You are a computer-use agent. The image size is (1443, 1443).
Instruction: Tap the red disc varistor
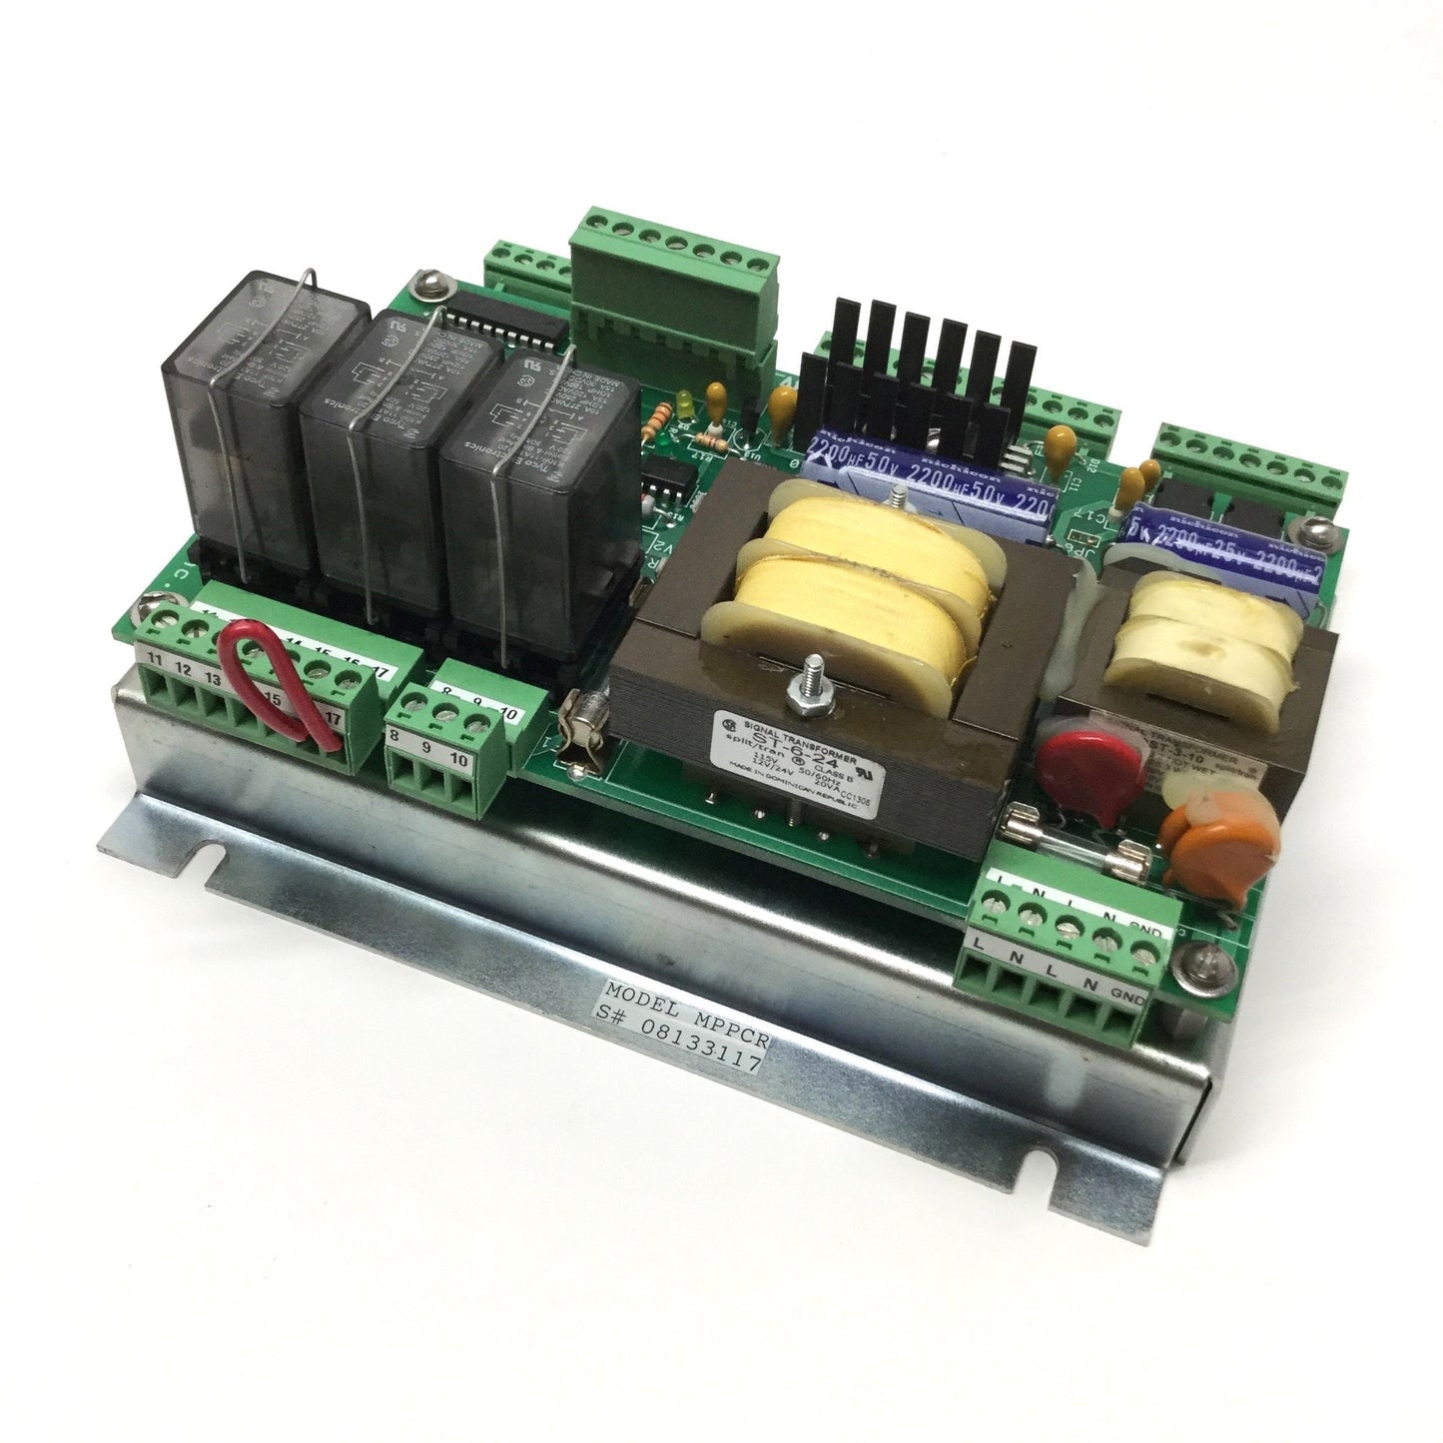click(1071, 772)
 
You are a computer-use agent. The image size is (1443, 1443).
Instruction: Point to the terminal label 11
click(157, 656)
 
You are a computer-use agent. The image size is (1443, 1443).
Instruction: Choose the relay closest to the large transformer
click(529, 489)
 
